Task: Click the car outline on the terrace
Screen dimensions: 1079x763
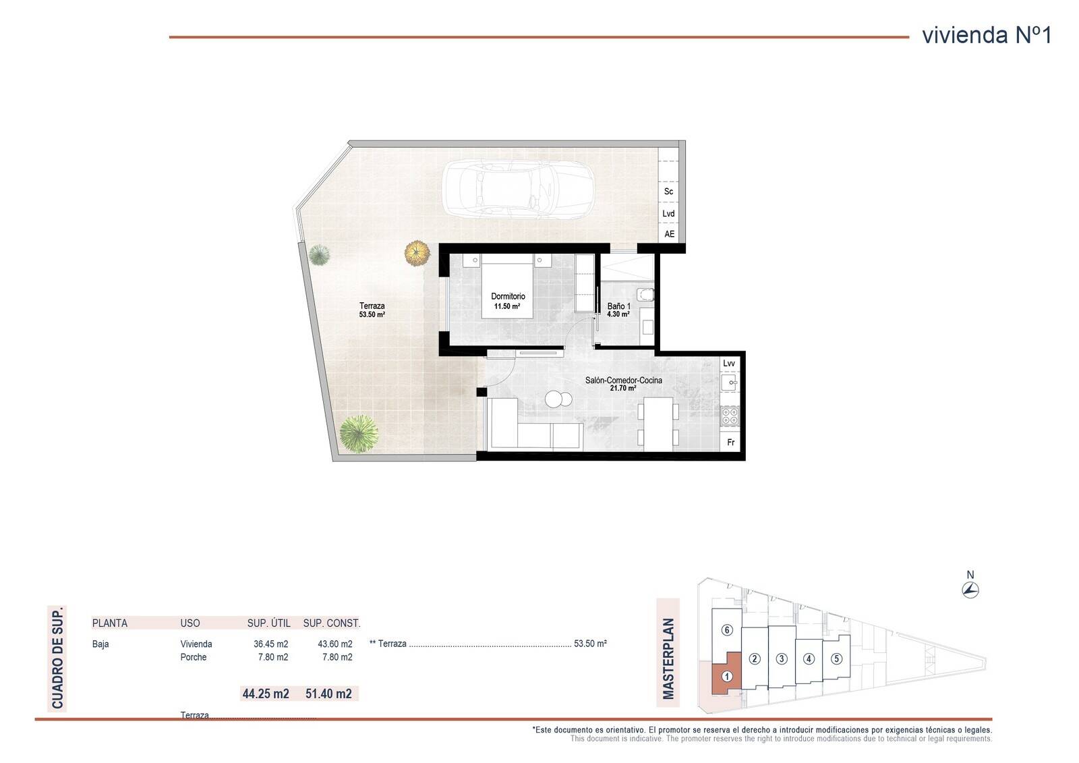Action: tap(518, 189)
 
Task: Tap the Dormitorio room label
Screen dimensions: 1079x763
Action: tap(508, 296)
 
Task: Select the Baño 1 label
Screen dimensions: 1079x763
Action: tap(618, 306)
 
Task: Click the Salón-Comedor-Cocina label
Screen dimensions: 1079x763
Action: tap(623, 380)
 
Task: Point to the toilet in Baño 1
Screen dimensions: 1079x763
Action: tap(645, 294)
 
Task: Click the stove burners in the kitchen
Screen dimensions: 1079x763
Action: tap(730, 416)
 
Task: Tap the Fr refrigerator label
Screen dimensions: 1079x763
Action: tap(731, 443)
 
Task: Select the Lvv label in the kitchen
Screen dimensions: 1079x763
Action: tap(729, 364)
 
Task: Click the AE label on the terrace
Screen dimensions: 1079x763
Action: tap(669, 234)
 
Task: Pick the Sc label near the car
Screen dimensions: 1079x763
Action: tap(668, 192)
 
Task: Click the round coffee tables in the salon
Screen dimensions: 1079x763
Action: tap(558, 399)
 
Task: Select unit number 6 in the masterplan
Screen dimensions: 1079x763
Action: tap(727, 630)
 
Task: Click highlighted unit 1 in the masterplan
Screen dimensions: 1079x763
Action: tap(727, 676)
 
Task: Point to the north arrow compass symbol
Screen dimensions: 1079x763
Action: tap(970, 590)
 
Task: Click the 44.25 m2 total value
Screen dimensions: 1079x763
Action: tap(266, 694)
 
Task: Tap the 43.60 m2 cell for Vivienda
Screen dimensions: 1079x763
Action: tap(334, 644)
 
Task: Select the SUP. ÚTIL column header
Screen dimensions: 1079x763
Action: tap(269, 623)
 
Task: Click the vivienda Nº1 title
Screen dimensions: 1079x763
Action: tap(987, 35)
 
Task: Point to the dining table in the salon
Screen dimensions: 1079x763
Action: tap(658, 424)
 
